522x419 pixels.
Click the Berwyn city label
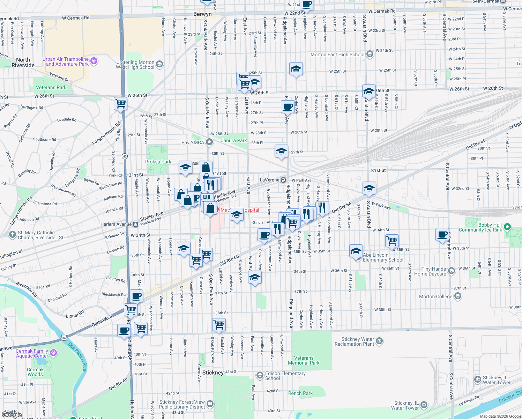pyautogui.click(x=202, y=14)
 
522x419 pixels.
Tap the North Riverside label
pyautogui.click(x=23, y=63)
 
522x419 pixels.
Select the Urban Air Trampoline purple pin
pyautogui.click(x=94, y=61)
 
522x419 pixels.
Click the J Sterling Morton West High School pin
pyautogui.click(x=159, y=64)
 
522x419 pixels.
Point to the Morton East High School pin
pyautogui.click(x=370, y=54)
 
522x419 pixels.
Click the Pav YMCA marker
pyautogui.click(x=209, y=142)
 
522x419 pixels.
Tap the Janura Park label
pyautogui.click(x=234, y=140)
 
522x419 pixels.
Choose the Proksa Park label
pyautogui.click(x=158, y=162)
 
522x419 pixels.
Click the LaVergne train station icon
pyautogui.click(x=283, y=180)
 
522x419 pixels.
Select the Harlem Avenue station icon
pyautogui.click(x=135, y=224)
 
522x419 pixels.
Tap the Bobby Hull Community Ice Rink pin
pyautogui.click(x=507, y=227)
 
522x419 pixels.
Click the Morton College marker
pyautogui.click(x=458, y=296)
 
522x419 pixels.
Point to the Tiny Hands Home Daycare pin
pyautogui.click(x=452, y=271)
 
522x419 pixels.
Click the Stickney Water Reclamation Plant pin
pyautogui.click(x=380, y=341)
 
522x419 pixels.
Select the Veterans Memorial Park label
pyautogui.click(x=304, y=360)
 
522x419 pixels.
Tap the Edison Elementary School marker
pyautogui.click(x=260, y=375)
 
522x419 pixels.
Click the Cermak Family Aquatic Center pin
pyautogui.click(x=53, y=353)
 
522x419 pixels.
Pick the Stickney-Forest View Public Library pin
pyautogui.click(x=210, y=404)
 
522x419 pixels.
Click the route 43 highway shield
pyautogui.click(x=125, y=156)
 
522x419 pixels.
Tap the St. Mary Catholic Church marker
pyautogui.click(x=13, y=235)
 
